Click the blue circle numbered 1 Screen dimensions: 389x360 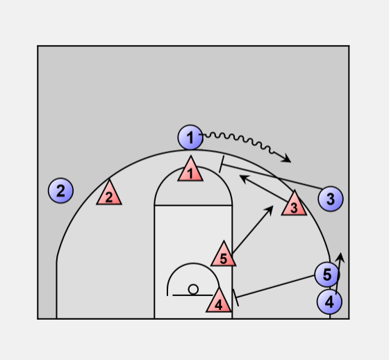(190, 138)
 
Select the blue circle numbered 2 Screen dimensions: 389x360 (60, 190)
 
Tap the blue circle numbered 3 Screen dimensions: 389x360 (331, 199)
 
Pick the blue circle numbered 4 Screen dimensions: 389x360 (329, 302)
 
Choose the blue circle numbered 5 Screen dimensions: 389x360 (327, 275)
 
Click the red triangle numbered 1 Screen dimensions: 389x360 (190, 170)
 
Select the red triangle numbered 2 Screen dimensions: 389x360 (109, 193)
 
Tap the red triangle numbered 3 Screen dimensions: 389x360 (295, 204)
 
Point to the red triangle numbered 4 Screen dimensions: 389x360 (219, 301)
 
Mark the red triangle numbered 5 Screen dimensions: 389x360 (224, 254)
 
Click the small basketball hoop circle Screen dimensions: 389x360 (193, 290)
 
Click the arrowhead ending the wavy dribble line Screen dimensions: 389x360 (286, 158)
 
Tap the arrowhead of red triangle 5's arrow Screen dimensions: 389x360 (270, 210)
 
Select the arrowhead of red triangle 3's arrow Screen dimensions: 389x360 (244, 178)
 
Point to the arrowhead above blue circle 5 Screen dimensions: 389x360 (340, 257)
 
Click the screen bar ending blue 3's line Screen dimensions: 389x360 (222, 164)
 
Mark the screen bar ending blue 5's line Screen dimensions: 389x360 (235, 297)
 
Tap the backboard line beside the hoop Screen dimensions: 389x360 (192, 295)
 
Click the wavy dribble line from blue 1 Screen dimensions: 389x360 (238, 141)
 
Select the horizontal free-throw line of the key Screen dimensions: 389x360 (193, 205)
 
